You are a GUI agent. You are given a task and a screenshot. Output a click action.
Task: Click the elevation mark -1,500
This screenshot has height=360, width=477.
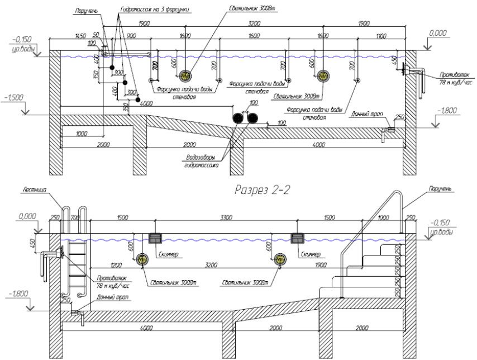click(x=13, y=97)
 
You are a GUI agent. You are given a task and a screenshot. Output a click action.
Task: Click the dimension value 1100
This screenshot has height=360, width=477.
click(x=381, y=35)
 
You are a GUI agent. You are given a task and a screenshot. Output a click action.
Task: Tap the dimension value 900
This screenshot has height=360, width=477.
click(x=132, y=35)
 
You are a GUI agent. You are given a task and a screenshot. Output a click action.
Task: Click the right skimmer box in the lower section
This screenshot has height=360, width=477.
click(x=297, y=239)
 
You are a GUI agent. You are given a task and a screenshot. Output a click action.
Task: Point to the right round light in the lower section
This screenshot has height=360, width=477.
click(x=282, y=259)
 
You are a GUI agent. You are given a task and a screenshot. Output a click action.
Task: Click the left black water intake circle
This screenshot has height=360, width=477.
click(x=240, y=117)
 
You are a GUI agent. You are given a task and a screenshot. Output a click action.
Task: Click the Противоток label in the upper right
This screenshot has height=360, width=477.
click(x=439, y=75)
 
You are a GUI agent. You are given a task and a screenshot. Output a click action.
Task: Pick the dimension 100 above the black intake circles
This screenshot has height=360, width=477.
click(x=254, y=103)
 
